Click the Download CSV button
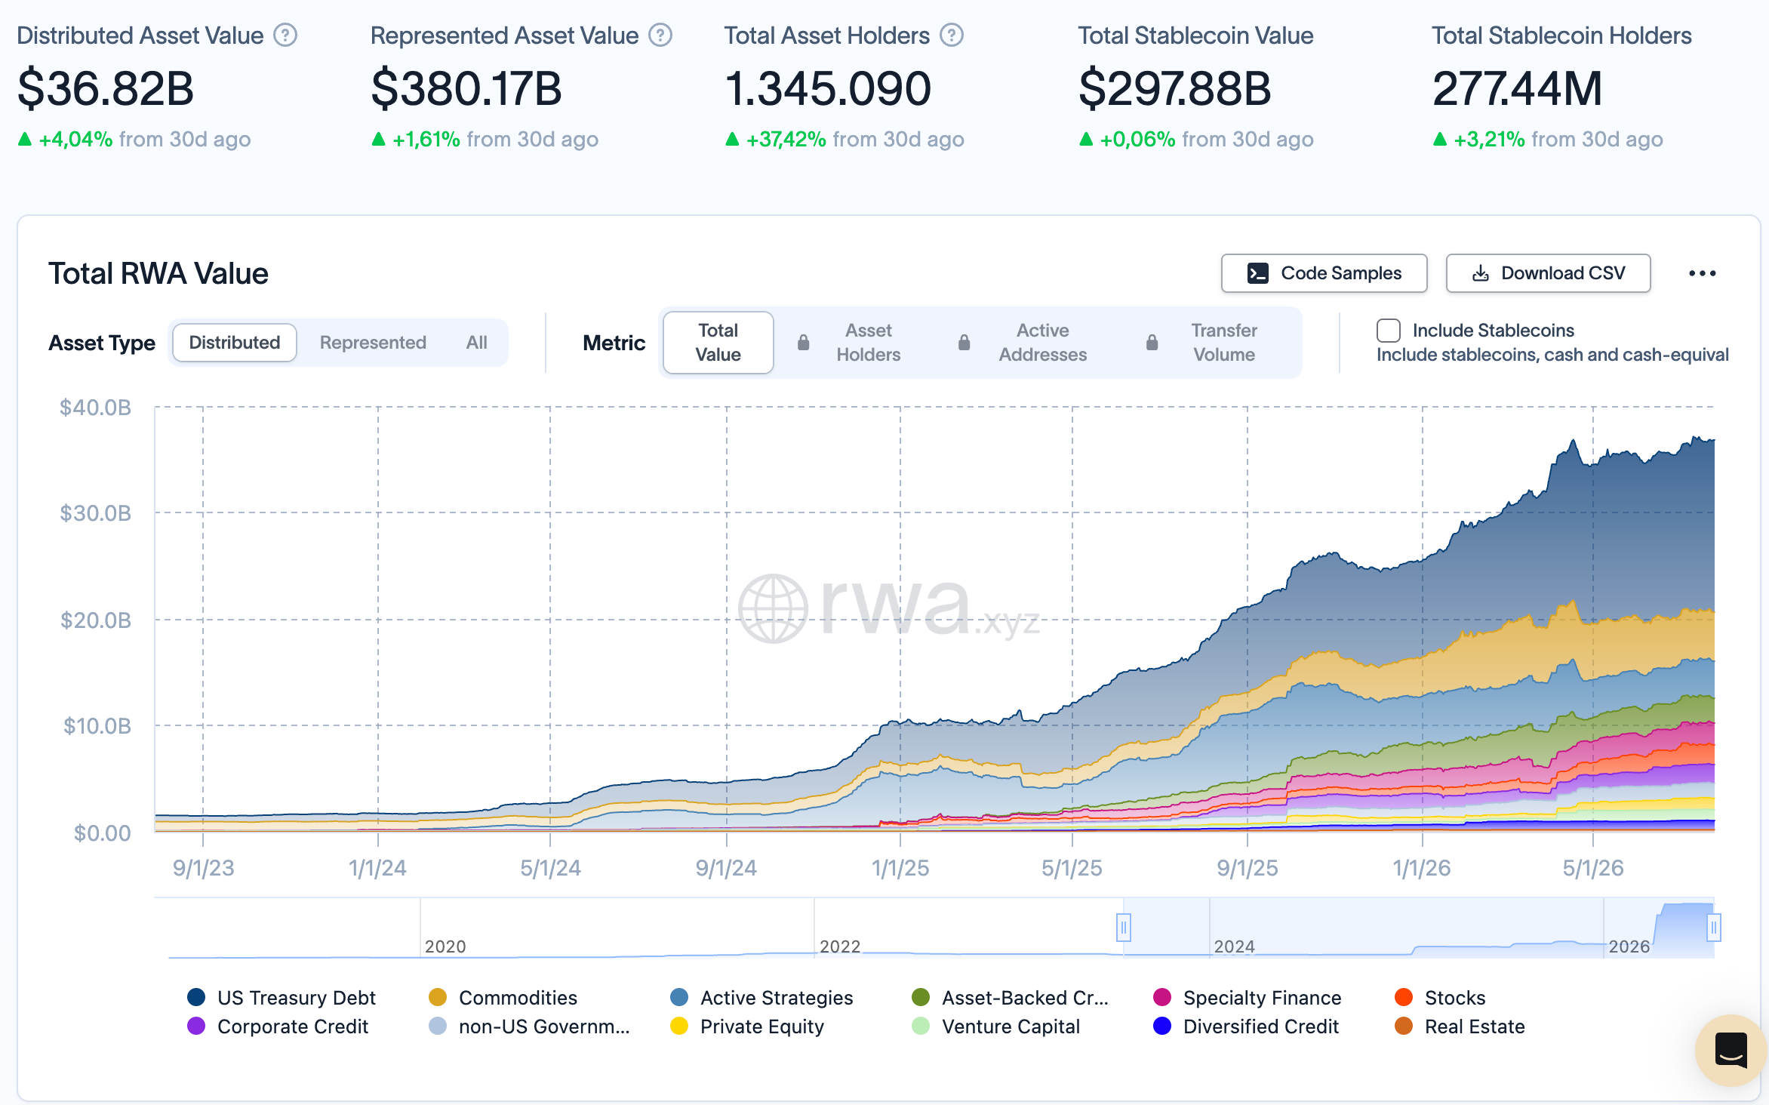click(1548, 273)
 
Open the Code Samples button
click(1324, 273)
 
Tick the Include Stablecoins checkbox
click(1388, 331)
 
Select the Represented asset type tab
click(373, 343)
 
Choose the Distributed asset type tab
click(235, 343)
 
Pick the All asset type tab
click(476, 343)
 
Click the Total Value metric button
click(718, 343)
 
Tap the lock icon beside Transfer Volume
click(1152, 343)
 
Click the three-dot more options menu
click(1702, 273)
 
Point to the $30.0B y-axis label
click(95, 513)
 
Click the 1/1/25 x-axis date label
click(900, 868)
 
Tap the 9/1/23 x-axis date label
click(203, 868)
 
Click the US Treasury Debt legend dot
click(196, 997)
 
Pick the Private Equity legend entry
click(747, 1027)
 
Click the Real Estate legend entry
click(1460, 1027)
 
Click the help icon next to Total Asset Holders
click(952, 35)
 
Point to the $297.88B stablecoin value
click(1174, 88)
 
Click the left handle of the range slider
click(1124, 927)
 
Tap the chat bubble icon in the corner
click(1731, 1050)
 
